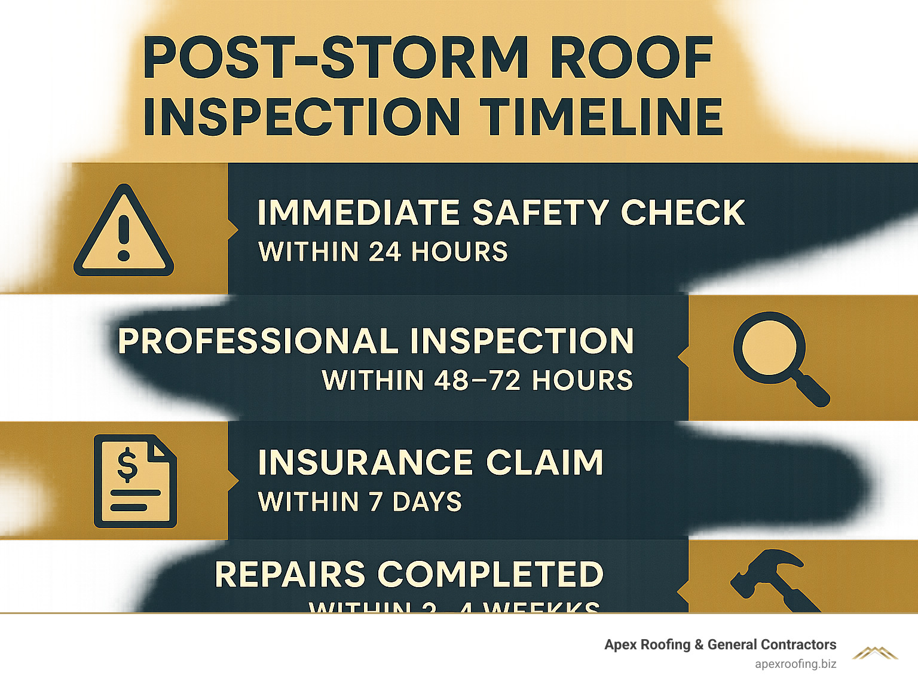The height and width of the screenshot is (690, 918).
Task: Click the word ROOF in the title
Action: [632, 58]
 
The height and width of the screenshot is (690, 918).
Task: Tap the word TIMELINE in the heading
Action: [602, 116]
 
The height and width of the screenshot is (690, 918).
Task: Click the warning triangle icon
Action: [124, 232]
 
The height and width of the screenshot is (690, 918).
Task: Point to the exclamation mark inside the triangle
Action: [124, 237]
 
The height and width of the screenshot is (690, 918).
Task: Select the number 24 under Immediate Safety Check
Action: [384, 252]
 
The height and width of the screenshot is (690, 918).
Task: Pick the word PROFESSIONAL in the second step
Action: [257, 341]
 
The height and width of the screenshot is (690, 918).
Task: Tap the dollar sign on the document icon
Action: [127, 466]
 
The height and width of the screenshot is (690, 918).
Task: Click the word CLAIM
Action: [544, 463]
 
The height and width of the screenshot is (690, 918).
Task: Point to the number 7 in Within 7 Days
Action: [375, 502]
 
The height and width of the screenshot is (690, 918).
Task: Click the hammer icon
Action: [771, 580]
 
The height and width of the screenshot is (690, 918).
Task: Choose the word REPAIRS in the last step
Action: [290, 575]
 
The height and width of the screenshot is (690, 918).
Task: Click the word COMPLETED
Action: [491, 575]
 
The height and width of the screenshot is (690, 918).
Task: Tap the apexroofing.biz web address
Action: [795, 664]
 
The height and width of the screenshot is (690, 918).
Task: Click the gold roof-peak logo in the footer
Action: [875, 652]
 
